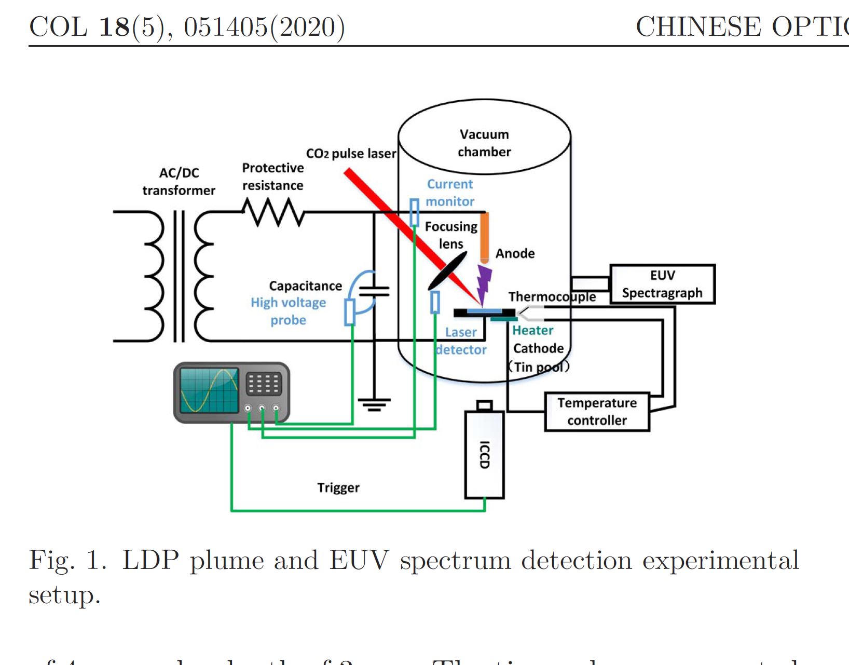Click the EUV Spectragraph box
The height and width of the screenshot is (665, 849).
[x=662, y=284]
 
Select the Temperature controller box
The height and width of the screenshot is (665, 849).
[x=597, y=412]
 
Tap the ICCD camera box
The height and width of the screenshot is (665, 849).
[x=484, y=454]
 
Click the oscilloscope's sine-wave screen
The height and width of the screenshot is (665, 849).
[x=209, y=390]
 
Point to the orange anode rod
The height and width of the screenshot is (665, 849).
[x=484, y=236]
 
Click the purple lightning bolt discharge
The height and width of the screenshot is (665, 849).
[x=484, y=283]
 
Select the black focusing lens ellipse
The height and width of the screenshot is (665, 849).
[x=447, y=271]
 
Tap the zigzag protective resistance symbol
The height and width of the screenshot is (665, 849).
[x=273, y=212]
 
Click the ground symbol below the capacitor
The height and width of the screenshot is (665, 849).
[x=374, y=404]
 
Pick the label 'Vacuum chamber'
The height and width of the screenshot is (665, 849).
[x=484, y=143]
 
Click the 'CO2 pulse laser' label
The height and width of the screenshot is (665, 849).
[x=351, y=154]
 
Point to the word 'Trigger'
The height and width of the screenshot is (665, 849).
[x=338, y=487]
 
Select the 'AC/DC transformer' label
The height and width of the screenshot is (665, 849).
[x=179, y=181]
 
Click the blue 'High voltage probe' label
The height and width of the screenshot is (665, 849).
[x=289, y=311]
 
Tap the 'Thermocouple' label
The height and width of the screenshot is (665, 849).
[x=552, y=296]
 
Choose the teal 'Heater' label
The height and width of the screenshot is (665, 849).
[x=532, y=330]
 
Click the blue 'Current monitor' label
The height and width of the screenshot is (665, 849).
[x=450, y=193]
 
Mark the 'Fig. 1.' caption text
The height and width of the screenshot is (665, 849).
[x=67, y=561]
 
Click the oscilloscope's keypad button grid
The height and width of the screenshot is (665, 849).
[x=264, y=384]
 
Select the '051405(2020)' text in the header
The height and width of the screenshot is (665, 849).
[x=264, y=27]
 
